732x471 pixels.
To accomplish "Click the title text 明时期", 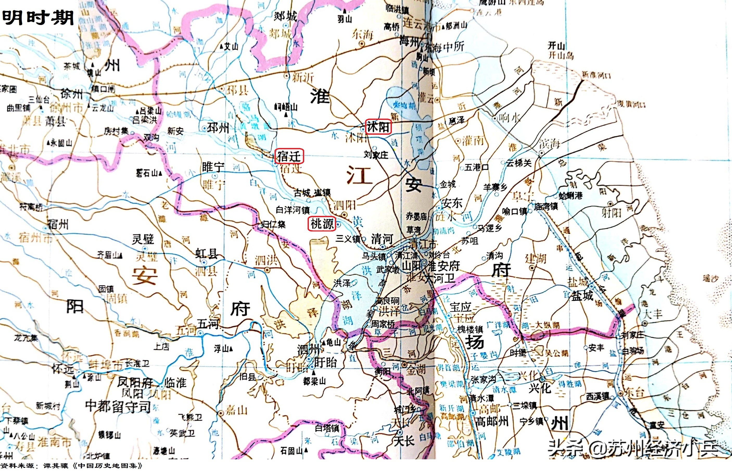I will [x=38, y=17].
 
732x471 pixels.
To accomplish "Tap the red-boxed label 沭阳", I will [x=378, y=127].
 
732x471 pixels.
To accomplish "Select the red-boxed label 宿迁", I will [x=289, y=157].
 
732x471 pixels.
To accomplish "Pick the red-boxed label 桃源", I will [x=322, y=224].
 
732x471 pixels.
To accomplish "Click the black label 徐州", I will [x=72, y=94].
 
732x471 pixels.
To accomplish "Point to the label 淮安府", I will [x=444, y=266].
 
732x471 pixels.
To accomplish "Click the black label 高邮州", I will [x=492, y=422].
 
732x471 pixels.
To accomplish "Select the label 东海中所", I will [x=444, y=47].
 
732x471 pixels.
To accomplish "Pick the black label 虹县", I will [x=207, y=254].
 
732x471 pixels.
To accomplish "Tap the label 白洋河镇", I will [x=292, y=210].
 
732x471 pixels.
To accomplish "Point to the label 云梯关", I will [x=518, y=163].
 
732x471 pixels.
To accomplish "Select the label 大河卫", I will [x=440, y=278].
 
